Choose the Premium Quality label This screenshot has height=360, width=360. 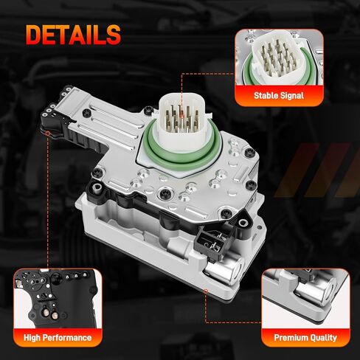[x=305, y=338]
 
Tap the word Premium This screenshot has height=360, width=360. [x=290, y=338]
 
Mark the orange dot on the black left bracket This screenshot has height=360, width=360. [x=49, y=134]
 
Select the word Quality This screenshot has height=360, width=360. [x=322, y=338]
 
